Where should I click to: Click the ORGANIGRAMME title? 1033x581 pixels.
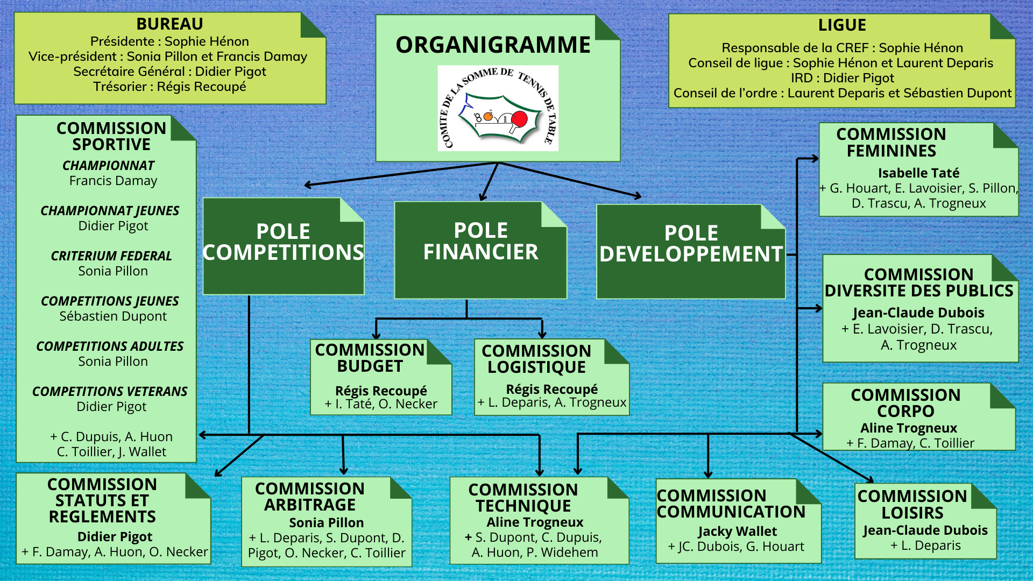pyautogui.click(x=493, y=45)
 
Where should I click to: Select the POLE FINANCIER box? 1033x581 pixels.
pyautogui.click(x=480, y=250)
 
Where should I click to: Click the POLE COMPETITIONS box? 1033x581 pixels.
pyautogui.click(x=284, y=246)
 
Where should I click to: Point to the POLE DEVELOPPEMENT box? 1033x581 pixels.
pyautogui.click(x=691, y=251)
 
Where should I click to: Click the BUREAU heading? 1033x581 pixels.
pyautogui.click(x=169, y=24)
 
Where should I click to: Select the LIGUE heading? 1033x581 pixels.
pyautogui.click(x=842, y=25)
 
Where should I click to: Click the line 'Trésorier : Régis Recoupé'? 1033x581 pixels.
pyautogui.click(x=169, y=87)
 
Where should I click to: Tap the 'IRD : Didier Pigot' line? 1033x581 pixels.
pyautogui.click(x=842, y=78)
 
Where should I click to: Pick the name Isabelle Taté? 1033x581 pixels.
pyautogui.click(x=918, y=173)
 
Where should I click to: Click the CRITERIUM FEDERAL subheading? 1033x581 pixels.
pyautogui.click(x=111, y=256)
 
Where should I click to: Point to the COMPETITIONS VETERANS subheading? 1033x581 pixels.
pyautogui.click(x=110, y=392)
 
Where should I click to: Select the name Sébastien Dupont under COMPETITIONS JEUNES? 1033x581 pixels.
pyautogui.click(x=113, y=316)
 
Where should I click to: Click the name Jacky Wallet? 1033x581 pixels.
pyautogui.click(x=737, y=532)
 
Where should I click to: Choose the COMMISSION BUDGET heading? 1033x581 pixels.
pyautogui.click(x=370, y=358)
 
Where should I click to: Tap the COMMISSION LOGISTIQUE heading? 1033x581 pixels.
pyautogui.click(x=536, y=359)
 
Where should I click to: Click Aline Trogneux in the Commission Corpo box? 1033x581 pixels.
pyautogui.click(x=909, y=428)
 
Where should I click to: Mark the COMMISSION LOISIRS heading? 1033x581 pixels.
pyautogui.click(x=912, y=504)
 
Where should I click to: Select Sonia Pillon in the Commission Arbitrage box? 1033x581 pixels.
pyautogui.click(x=326, y=523)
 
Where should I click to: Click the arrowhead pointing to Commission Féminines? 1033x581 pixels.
pyautogui.click(x=815, y=159)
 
